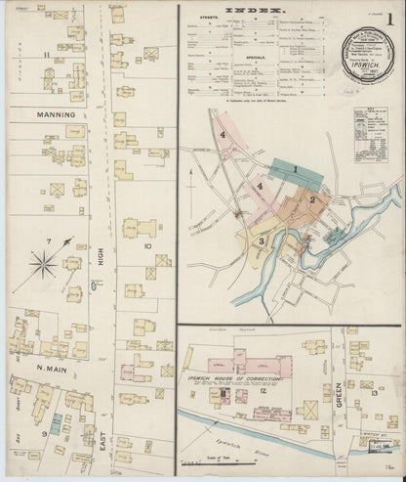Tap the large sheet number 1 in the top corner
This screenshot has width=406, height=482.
click(x=388, y=17)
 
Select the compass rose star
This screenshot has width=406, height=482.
click(x=45, y=261)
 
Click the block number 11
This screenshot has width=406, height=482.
click(x=46, y=56)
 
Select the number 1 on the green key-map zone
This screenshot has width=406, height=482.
click(x=295, y=168)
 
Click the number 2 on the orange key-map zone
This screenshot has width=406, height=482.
click(x=310, y=199)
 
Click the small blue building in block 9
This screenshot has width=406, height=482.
click(x=57, y=418)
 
